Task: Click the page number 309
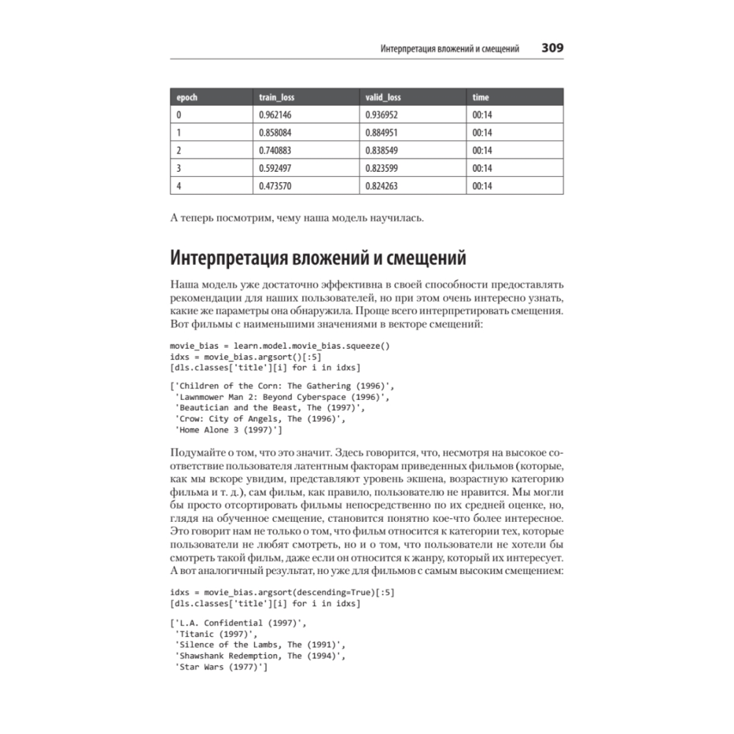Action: point(552,48)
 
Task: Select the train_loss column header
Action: point(277,97)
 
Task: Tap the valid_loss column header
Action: point(383,97)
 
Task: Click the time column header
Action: point(481,97)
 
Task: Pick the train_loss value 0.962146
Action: point(275,115)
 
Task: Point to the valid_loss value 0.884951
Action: point(382,133)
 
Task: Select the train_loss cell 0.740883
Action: point(275,150)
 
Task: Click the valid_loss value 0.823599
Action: point(382,168)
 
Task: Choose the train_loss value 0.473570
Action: point(275,186)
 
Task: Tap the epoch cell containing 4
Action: point(179,186)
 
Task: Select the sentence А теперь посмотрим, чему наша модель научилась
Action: point(297,218)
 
